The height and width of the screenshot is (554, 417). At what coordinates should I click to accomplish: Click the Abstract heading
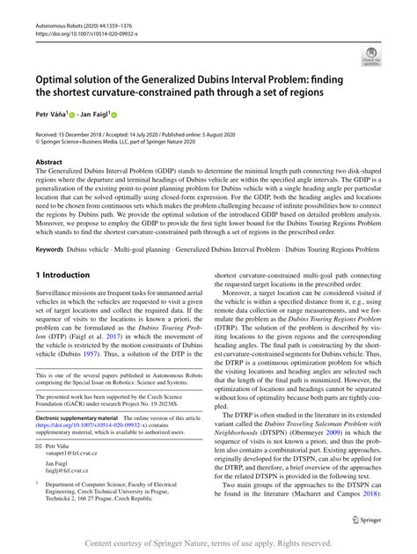point(48,163)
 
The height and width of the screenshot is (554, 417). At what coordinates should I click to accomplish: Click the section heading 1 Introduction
point(65,276)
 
